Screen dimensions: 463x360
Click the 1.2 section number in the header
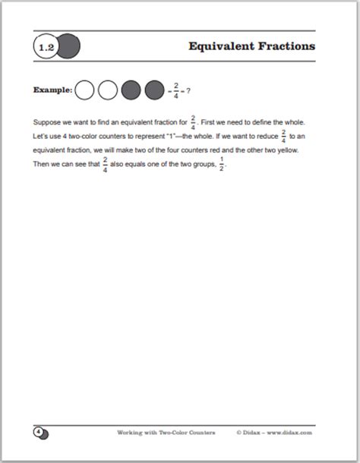coord(45,47)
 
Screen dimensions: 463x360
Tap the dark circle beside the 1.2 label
coord(69,47)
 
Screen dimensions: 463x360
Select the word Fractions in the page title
coord(286,46)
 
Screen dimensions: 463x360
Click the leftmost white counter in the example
coord(86,90)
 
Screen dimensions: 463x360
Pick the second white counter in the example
coord(108,90)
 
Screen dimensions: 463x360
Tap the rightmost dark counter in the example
coord(154,90)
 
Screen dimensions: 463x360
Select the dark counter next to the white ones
coord(131,90)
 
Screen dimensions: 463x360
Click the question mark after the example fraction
coord(188,90)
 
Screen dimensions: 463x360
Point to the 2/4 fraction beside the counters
coord(177,90)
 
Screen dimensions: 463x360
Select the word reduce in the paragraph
coord(273,137)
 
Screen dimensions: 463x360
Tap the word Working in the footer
coord(131,433)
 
